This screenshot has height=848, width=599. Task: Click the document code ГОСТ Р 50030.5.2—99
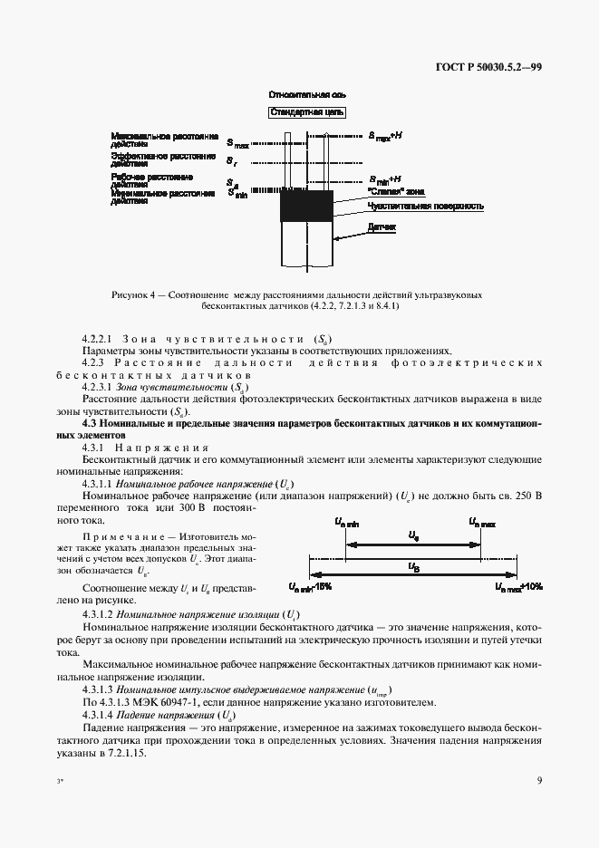click(x=490, y=66)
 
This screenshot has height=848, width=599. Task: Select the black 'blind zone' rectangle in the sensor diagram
click(x=306, y=207)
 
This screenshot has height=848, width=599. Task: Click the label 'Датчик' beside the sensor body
click(x=382, y=226)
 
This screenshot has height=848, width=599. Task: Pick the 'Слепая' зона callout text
click(x=395, y=192)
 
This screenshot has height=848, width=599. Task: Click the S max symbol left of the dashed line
click(x=237, y=143)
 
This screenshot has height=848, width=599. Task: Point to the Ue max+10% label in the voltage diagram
click(x=518, y=587)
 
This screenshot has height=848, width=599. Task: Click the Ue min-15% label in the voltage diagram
click(x=311, y=587)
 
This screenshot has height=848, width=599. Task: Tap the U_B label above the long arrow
click(x=413, y=568)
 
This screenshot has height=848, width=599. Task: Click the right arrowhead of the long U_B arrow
click(x=517, y=577)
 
